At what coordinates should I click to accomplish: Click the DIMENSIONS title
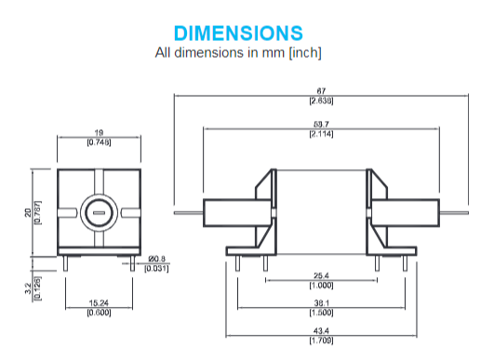[x=238, y=33]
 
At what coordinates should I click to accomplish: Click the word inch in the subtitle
[x=305, y=52]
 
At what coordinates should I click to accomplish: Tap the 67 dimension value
[x=321, y=91]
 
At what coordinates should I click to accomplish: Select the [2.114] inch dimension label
[x=321, y=134]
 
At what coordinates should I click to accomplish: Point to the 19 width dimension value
[x=99, y=133]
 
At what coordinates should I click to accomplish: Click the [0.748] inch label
[x=99, y=142]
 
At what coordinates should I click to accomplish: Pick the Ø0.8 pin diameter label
[x=157, y=259]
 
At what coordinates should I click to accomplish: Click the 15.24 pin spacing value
[x=99, y=303]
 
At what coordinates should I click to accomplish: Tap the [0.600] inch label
[x=99, y=313]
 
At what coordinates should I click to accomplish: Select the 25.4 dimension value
[x=321, y=275]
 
